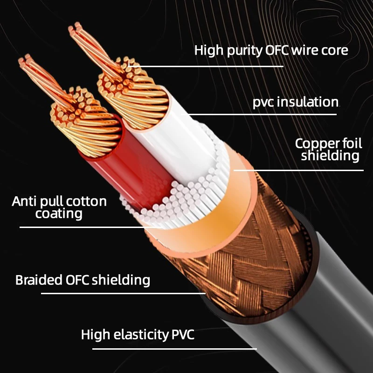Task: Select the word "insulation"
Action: tap(308, 102)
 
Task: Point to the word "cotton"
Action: tap(87, 201)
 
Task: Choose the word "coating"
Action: tap(59, 214)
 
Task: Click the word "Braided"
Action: tap(38, 280)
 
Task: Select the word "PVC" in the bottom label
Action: tap(181, 334)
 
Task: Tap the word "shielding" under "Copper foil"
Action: tap(330, 155)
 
